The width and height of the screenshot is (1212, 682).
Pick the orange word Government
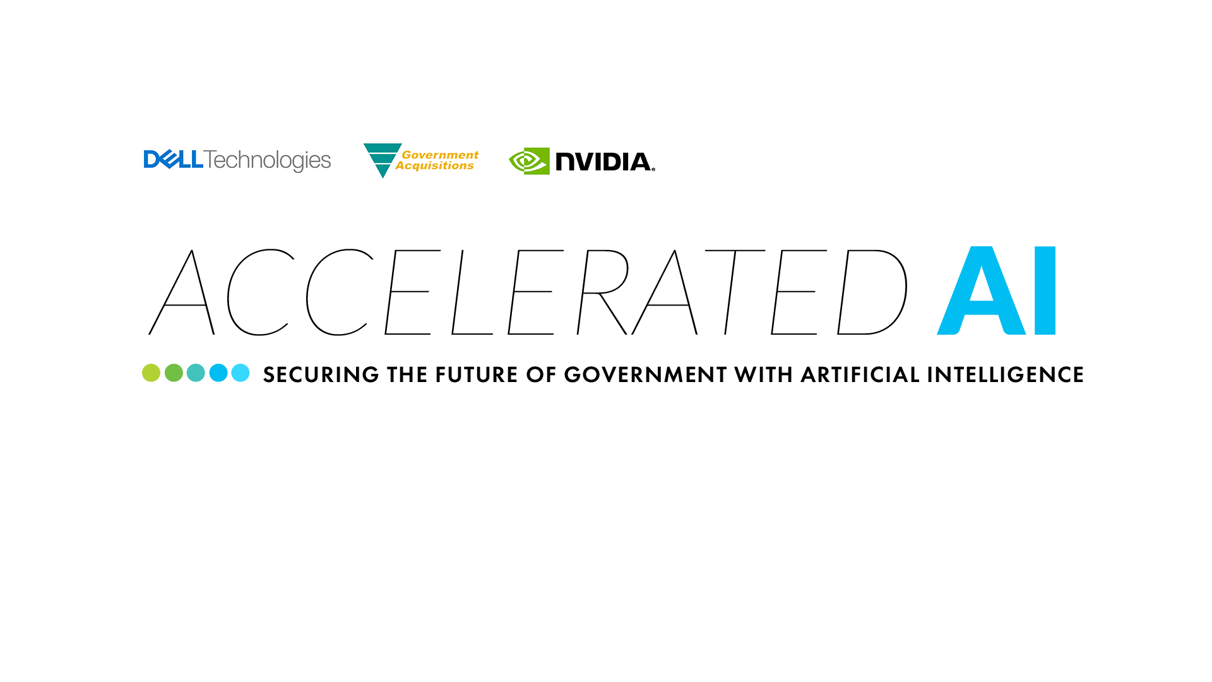440,155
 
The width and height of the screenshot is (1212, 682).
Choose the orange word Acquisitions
434,166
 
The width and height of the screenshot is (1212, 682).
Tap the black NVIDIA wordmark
604,162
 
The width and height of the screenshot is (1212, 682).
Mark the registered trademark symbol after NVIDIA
653,169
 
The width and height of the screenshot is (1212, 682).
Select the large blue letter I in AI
1045,290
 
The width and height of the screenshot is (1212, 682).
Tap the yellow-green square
151,373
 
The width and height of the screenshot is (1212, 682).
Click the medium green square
174,373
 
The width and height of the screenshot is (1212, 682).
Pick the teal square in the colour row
196,373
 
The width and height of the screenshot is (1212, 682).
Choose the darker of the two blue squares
218,373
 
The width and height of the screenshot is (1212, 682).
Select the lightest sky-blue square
241,373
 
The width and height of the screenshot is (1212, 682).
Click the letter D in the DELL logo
152,160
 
